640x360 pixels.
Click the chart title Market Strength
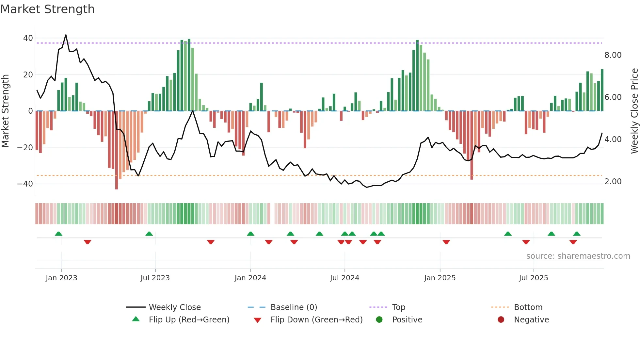click(x=47, y=9)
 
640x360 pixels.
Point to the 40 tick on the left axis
click(x=28, y=38)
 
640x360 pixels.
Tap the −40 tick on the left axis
click(x=25, y=184)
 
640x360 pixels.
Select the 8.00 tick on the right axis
click(x=613, y=55)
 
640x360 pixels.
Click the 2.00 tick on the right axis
click(x=613, y=182)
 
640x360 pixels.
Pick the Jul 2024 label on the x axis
click(x=344, y=278)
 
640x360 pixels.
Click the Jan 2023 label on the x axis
click(x=61, y=278)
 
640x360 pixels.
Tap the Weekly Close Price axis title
click(x=634, y=111)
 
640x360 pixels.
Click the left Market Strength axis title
click(x=5, y=111)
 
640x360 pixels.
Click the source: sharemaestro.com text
click(x=578, y=256)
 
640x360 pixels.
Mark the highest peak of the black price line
click(x=66, y=35)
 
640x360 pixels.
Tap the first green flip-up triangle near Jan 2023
click(x=58, y=234)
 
